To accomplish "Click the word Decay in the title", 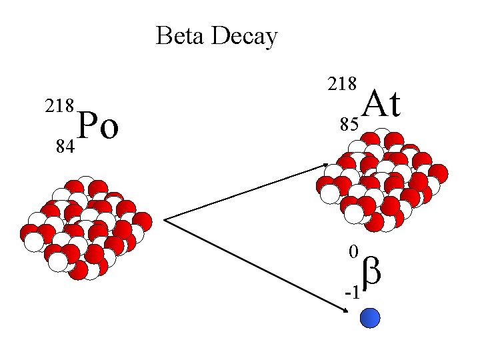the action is (x=244, y=37).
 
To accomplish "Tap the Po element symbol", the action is (x=99, y=126).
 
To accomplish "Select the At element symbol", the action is (x=382, y=104).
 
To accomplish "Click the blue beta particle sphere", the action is (x=370, y=318).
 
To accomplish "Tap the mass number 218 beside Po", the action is (x=59, y=107).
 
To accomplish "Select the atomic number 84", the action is (x=65, y=146).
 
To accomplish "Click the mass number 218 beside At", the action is (x=342, y=84).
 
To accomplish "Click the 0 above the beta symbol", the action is (x=354, y=252).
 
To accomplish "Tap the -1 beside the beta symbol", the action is (x=351, y=293).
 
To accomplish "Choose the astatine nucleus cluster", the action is (x=381, y=179).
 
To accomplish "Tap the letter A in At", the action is (x=373, y=104).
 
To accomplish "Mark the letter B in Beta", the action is (x=163, y=36).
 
